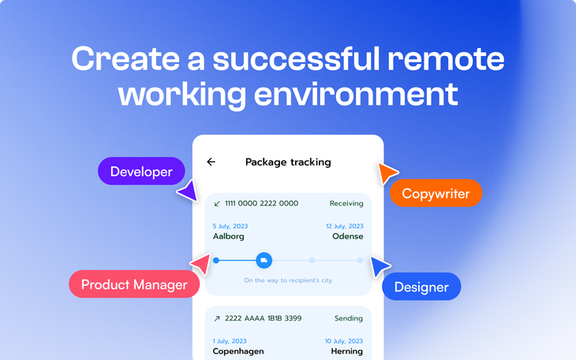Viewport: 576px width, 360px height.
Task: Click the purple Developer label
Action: click(x=141, y=171)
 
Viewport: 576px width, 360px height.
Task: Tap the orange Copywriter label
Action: click(x=436, y=193)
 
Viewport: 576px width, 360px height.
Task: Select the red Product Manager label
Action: click(x=134, y=285)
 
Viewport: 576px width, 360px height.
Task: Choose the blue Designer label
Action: click(x=421, y=287)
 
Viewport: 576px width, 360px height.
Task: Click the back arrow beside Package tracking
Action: click(x=211, y=162)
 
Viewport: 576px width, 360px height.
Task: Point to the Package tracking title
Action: click(x=288, y=162)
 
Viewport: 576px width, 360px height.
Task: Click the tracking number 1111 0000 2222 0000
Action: click(x=261, y=203)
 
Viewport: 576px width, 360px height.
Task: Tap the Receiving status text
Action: click(x=346, y=204)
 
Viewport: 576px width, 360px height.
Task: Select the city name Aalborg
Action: click(x=229, y=236)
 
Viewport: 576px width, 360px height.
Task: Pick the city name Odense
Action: click(x=348, y=236)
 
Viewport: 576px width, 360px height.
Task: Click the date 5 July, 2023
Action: click(x=230, y=227)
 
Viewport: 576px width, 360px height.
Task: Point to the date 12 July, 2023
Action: click(x=345, y=227)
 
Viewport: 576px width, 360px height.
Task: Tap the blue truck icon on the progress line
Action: click(x=264, y=260)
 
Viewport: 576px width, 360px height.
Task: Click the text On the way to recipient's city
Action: click(x=288, y=280)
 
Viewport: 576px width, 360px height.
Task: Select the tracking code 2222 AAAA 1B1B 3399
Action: click(x=263, y=318)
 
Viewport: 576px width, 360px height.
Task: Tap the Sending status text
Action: click(x=349, y=318)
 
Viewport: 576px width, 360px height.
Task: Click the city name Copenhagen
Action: click(x=238, y=351)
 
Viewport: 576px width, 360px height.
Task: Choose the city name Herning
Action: click(x=346, y=351)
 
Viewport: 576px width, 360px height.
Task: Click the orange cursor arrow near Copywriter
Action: click(x=387, y=172)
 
